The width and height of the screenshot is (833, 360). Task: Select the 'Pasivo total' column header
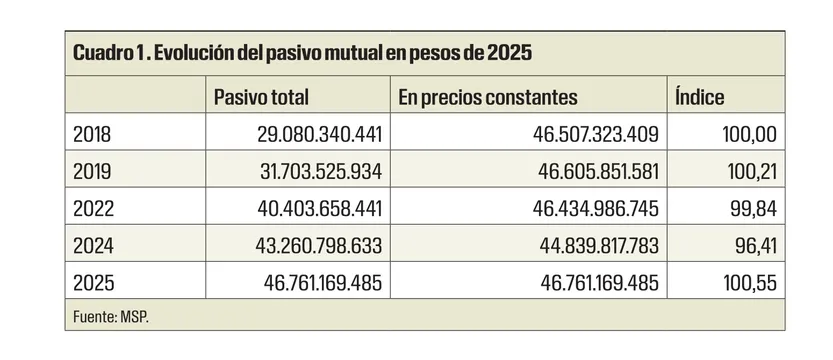coord(261,97)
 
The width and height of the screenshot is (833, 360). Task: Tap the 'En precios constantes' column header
coord(487,97)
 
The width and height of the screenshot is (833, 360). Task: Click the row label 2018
coord(93,133)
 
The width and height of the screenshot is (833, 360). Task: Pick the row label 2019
coord(93,171)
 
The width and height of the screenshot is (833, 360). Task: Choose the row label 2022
coord(93,208)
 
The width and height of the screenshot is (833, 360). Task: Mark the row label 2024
coord(93,246)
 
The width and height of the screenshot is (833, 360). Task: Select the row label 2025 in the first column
coord(93,283)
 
